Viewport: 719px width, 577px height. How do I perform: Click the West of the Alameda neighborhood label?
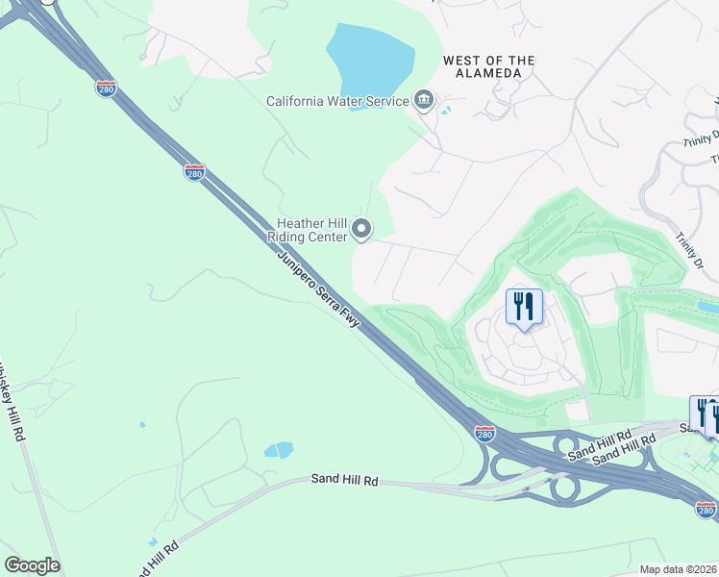tap(488, 66)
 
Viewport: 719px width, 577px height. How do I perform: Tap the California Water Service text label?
tap(337, 101)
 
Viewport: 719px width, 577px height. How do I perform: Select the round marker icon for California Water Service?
tap(423, 100)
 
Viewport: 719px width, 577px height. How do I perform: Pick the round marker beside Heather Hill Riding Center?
tap(361, 229)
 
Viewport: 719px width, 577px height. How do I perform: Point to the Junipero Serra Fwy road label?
tap(318, 288)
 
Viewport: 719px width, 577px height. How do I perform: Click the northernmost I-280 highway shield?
tap(106, 88)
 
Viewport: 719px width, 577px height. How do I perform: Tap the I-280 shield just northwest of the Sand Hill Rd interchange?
tap(485, 435)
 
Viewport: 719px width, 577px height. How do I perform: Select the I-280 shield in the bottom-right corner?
tap(706, 509)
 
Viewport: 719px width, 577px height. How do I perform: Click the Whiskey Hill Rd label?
tap(12, 399)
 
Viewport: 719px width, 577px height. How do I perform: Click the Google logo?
tap(32, 565)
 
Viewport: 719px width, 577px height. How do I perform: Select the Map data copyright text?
tap(678, 569)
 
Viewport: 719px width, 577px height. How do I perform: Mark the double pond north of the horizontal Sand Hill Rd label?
tap(279, 449)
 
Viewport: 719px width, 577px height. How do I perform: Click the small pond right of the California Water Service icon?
tap(444, 111)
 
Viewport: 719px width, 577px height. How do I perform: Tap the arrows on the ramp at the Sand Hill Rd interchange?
tap(527, 488)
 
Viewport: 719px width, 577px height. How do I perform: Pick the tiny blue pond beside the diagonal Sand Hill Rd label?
tap(153, 542)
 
